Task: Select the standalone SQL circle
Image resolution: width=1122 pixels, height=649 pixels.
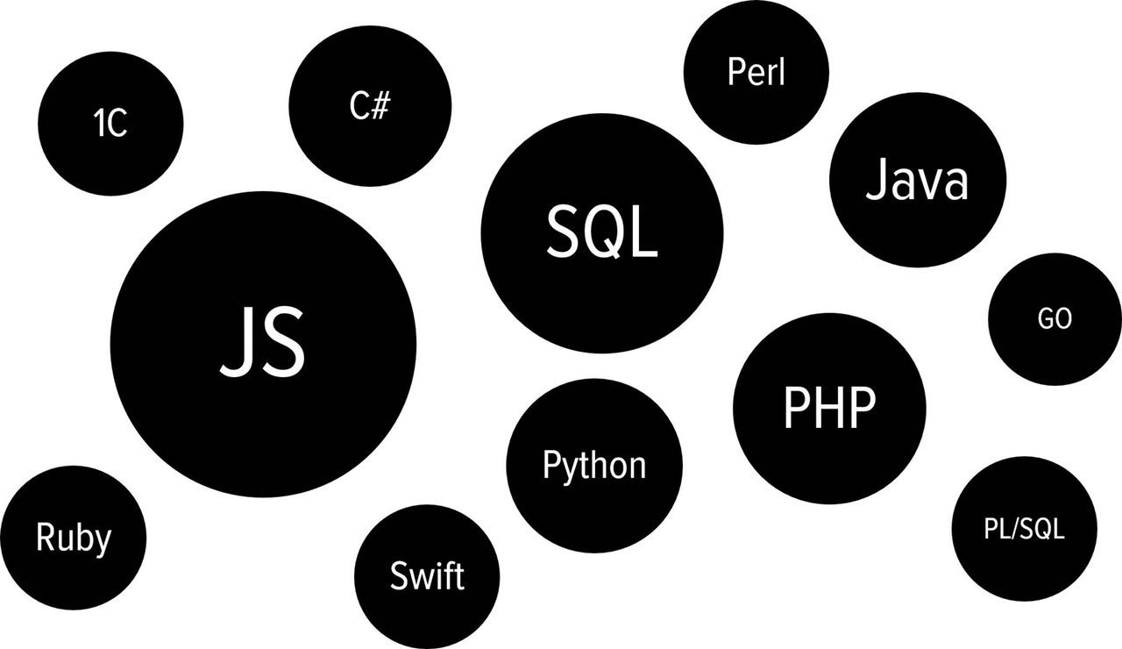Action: [603, 233]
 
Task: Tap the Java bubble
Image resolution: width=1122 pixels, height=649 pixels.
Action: [918, 182]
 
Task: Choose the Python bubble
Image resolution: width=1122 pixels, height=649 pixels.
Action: [594, 466]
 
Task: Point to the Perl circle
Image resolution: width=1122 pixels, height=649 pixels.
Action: [756, 72]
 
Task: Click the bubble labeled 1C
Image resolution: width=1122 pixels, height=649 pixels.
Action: [111, 124]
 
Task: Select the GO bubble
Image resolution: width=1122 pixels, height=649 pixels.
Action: [1055, 319]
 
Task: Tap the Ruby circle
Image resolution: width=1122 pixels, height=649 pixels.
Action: [74, 537]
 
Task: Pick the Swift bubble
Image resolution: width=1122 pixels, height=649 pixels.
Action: [427, 576]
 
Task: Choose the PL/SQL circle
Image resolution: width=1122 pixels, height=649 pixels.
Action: [1024, 530]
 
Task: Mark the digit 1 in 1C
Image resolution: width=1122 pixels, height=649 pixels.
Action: [99, 125]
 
